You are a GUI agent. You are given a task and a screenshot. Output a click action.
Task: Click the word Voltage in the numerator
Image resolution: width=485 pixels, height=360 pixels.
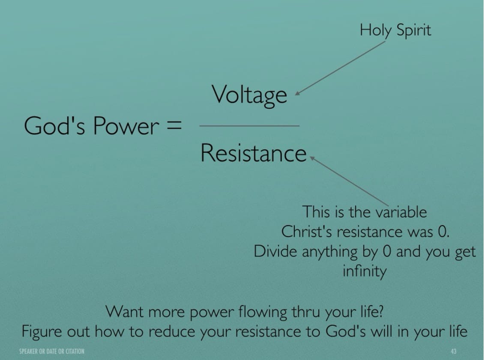(249, 95)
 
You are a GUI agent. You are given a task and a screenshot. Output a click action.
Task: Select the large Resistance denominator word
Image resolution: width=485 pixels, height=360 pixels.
(253, 153)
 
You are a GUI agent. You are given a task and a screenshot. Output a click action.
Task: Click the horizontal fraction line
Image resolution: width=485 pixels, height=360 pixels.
(250, 126)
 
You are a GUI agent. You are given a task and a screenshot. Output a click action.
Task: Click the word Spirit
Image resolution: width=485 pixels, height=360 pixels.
(413, 31)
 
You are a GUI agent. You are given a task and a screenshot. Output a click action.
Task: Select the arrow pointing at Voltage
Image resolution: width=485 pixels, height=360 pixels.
(340, 68)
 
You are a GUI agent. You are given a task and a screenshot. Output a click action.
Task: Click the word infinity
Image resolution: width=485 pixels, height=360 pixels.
(364, 271)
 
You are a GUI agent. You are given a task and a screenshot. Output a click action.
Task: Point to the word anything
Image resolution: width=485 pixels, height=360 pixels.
(329, 252)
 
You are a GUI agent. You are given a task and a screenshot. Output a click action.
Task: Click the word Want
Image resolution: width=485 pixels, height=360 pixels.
(125, 312)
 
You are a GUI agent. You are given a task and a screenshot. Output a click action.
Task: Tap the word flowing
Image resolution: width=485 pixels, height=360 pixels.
(263, 312)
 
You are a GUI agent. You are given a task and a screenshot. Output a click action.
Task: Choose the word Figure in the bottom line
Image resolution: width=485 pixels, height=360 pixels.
(41, 332)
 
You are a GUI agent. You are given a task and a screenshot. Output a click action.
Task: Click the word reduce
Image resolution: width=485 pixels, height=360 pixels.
(172, 332)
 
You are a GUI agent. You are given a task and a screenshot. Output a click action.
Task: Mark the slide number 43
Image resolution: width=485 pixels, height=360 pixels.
(453, 351)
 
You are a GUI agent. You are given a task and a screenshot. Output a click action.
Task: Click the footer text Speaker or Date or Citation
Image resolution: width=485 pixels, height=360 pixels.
(52, 351)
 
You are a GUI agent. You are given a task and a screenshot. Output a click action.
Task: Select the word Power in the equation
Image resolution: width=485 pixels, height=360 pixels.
(126, 126)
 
